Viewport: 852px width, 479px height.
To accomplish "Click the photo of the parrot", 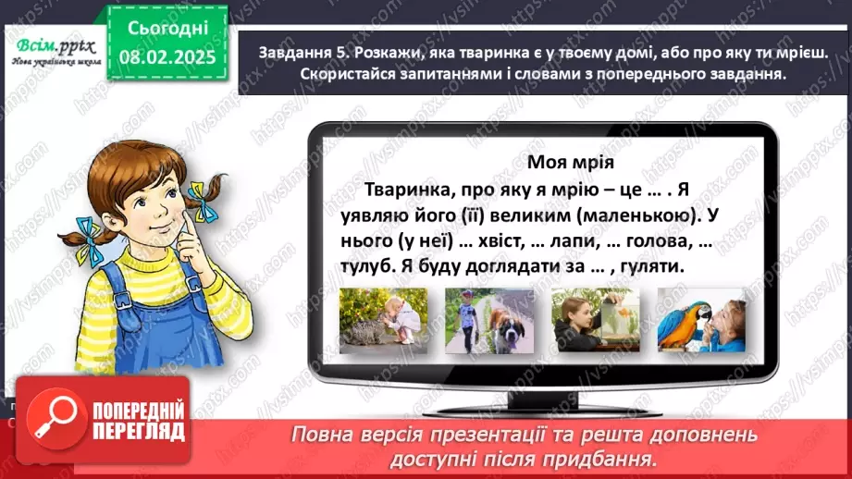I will [700, 319].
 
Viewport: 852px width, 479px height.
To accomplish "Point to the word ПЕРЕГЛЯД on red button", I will [136, 430].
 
